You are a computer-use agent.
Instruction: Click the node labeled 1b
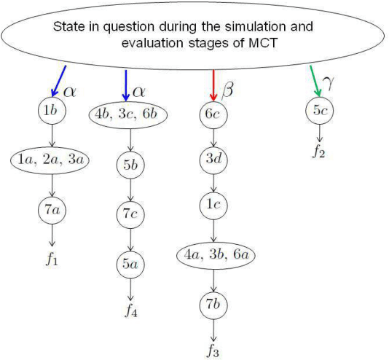coord(52,111)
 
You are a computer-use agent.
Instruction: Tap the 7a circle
coord(52,210)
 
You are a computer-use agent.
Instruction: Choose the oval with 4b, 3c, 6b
coord(130,114)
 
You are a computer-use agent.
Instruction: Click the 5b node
coord(130,165)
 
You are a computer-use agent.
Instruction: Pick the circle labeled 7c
coord(130,215)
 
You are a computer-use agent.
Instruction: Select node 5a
coord(130,265)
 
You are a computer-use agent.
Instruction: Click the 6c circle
coord(213,114)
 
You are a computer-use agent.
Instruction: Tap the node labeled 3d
coord(213,158)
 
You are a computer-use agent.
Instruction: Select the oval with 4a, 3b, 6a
coord(213,255)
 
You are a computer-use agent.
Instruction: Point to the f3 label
coord(213,351)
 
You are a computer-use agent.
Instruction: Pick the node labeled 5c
coord(319,111)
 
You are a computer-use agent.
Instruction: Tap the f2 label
coord(320,153)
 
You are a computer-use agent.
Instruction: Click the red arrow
coord(213,85)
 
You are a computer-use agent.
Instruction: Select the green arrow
coord(315,81)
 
